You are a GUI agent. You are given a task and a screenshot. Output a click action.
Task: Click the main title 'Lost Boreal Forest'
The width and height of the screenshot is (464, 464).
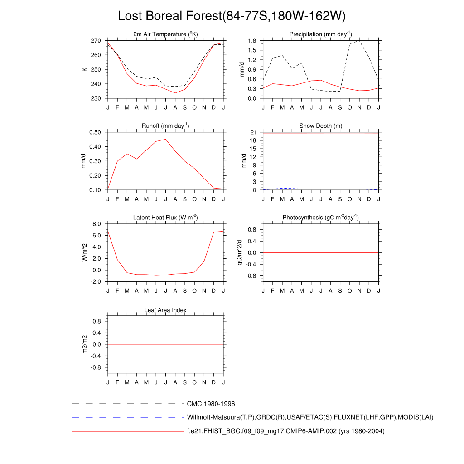[232, 16]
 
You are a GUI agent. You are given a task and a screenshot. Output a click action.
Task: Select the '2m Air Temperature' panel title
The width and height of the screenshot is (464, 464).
[165, 34]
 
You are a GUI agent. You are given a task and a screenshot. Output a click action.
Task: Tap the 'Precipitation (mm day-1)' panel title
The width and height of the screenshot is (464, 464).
[320, 34]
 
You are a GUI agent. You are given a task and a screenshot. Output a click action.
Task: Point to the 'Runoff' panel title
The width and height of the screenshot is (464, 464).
[165, 126]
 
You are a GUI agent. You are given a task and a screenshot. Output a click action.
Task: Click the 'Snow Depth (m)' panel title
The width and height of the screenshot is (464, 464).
[320, 126]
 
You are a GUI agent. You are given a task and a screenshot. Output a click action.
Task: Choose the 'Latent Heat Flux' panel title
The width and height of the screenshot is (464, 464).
[165, 217]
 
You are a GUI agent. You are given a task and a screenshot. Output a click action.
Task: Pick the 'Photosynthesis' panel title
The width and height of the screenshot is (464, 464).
[320, 217]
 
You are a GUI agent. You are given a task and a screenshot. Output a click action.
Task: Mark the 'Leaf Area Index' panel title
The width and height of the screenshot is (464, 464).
[165, 310]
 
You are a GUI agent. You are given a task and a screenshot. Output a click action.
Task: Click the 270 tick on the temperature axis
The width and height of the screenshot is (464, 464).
[96, 41]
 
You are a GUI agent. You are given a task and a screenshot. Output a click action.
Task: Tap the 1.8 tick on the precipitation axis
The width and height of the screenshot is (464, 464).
[252, 41]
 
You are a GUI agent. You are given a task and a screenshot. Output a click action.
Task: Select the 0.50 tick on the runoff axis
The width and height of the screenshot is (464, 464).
[95, 132]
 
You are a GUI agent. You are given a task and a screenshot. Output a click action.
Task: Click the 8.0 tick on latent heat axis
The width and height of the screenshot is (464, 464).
[97, 224]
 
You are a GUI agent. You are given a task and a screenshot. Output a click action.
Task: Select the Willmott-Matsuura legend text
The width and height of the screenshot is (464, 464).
[310, 417]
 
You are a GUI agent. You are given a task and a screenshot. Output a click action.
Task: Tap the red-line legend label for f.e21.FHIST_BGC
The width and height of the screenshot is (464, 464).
[285, 431]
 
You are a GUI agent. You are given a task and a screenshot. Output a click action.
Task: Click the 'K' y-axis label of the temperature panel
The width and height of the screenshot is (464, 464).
[84, 69]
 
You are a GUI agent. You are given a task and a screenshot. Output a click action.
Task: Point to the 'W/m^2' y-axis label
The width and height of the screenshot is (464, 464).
[84, 252]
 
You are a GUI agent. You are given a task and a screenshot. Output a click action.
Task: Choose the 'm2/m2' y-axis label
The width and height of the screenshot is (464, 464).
[84, 344]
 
